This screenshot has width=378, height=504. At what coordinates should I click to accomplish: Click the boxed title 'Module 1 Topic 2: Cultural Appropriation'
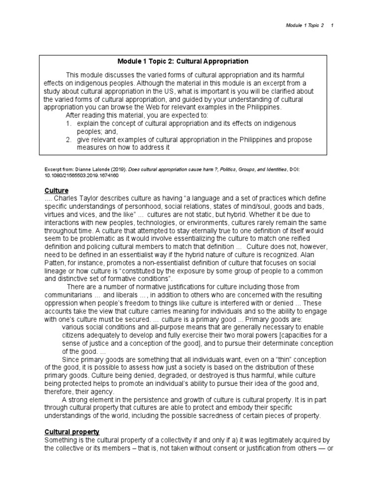pos(183,62)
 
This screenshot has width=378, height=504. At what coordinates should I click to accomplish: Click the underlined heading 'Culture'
pos(56,190)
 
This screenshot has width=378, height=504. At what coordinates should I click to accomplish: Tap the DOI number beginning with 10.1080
pos(81,175)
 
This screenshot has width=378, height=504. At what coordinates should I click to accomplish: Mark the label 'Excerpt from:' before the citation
pos(58,169)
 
